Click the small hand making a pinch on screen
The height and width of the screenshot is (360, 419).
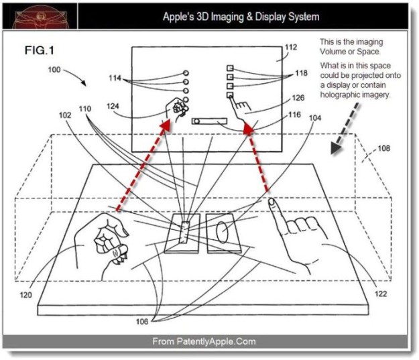[x=176, y=108]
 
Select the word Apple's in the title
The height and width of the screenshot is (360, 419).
[x=180, y=16]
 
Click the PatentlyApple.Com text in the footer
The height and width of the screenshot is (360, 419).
[x=215, y=341]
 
